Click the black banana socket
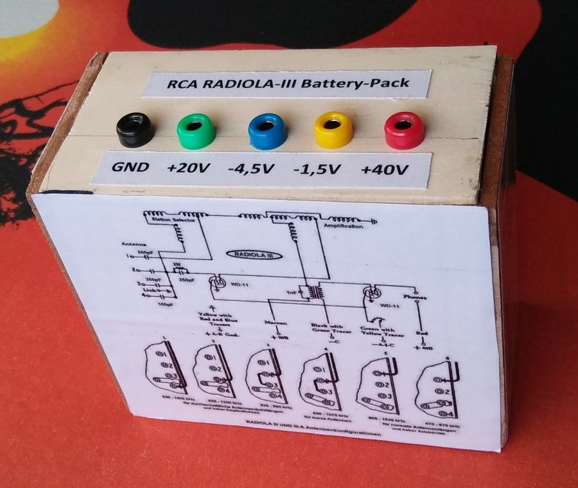point(136,128)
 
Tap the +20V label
point(188,170)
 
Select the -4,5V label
point(251,170)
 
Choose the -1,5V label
point(315,170)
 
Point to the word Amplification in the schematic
point(344,228)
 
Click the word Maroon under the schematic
point(277,322)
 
